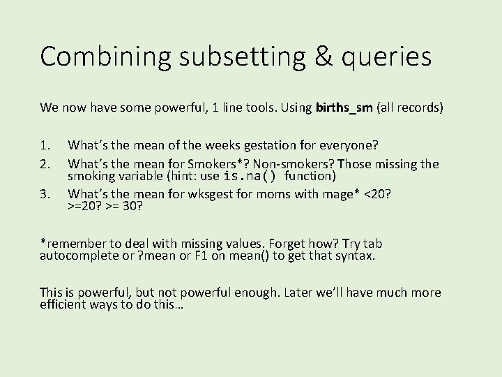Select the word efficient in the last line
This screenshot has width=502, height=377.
point(63,304)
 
